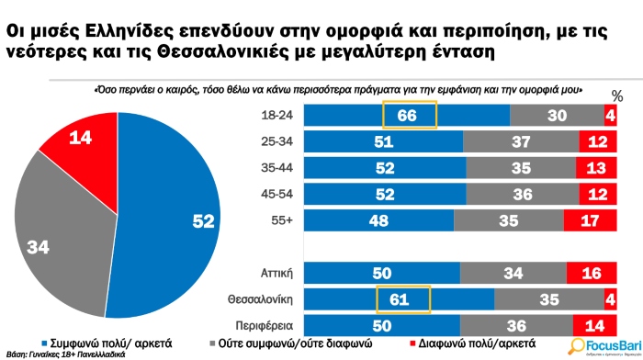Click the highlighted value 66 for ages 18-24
pos(409,115)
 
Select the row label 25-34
pos(276,141)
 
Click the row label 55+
pos(280,221)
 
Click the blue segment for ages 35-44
pos(386,168)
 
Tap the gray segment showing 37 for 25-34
pos(521,141)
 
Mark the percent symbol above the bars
pos(616,96)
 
